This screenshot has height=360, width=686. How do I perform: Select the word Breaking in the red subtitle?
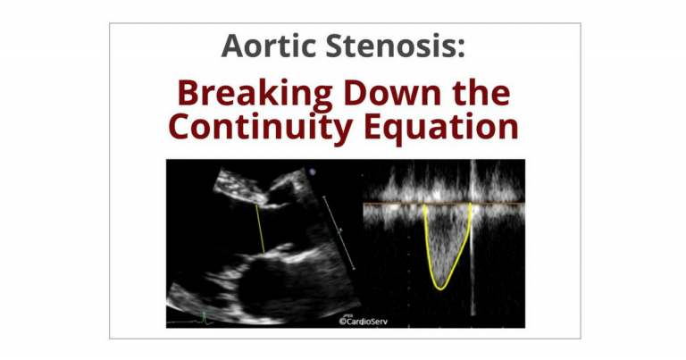point(255,95)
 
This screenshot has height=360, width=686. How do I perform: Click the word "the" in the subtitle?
point(481,93)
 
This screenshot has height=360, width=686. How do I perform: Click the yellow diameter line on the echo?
point(260,229)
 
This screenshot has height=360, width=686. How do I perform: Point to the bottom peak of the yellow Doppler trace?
point(440,289)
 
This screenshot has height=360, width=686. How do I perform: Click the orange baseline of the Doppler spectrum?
point(444,204)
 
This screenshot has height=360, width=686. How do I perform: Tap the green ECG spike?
point(204,317)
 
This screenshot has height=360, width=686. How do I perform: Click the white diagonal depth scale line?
point(339,232)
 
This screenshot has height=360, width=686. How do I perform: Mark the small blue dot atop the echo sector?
point(313,172)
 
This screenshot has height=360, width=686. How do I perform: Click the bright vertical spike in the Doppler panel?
point(472,236)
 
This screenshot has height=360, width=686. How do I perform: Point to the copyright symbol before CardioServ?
point(343,322)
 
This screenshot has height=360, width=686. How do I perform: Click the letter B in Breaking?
point(188,93)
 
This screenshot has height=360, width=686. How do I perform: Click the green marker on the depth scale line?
point(339,230)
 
